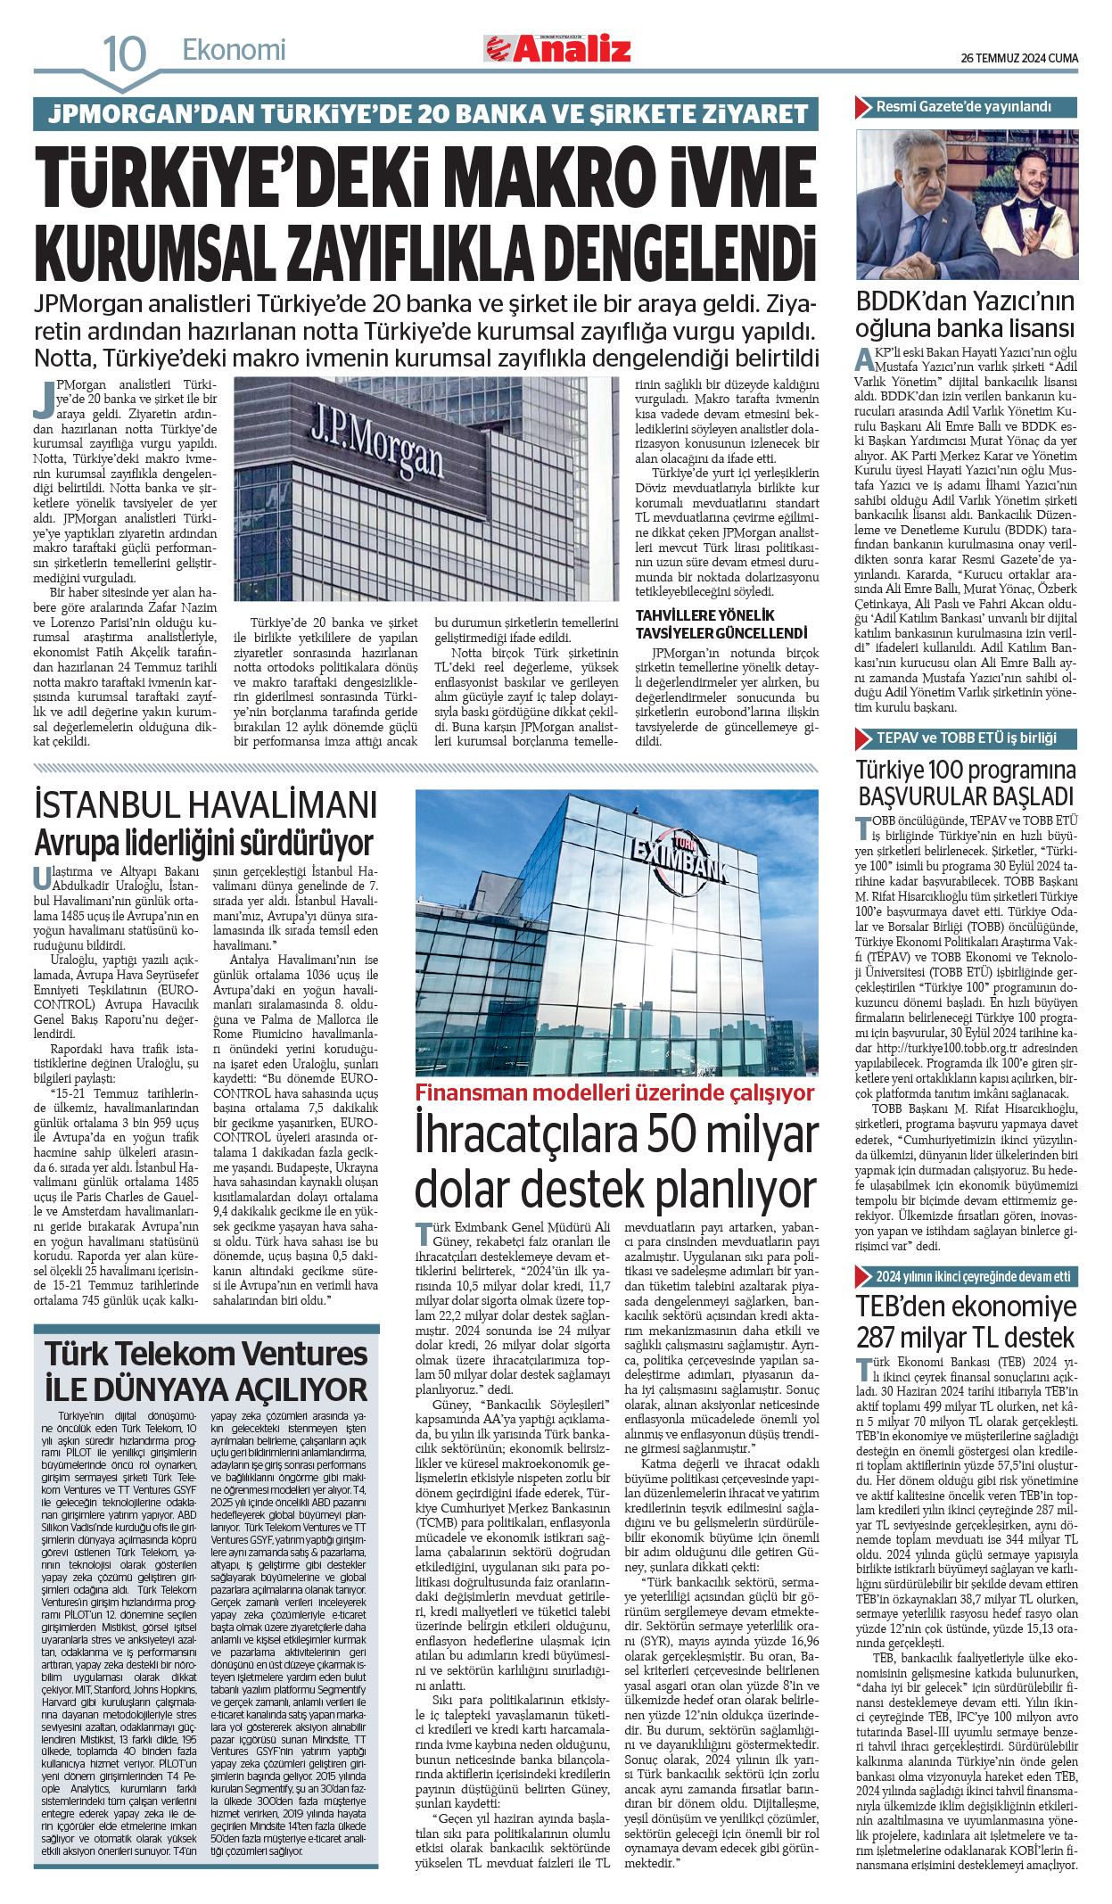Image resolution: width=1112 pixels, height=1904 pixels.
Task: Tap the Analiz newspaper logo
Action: coord(558,49)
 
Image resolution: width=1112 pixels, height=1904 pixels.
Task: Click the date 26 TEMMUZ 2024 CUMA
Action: coord(1018,58)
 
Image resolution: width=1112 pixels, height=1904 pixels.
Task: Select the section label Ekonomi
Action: coord(234,50)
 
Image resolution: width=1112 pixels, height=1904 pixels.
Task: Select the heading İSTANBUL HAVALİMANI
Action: coord(205,804)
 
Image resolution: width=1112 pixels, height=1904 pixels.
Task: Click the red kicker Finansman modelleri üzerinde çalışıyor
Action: coord(614,1092)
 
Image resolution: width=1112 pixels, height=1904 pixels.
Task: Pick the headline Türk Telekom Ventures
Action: coord(206,1353)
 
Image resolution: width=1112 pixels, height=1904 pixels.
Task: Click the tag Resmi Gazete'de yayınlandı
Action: coord(963,107)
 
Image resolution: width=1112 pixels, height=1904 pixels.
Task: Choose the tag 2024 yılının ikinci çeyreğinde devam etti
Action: coord(972,1276)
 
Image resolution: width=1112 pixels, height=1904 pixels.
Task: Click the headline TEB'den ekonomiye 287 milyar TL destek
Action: coord(966,1322)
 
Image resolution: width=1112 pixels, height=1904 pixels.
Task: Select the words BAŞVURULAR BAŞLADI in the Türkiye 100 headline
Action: coord(966,796)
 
